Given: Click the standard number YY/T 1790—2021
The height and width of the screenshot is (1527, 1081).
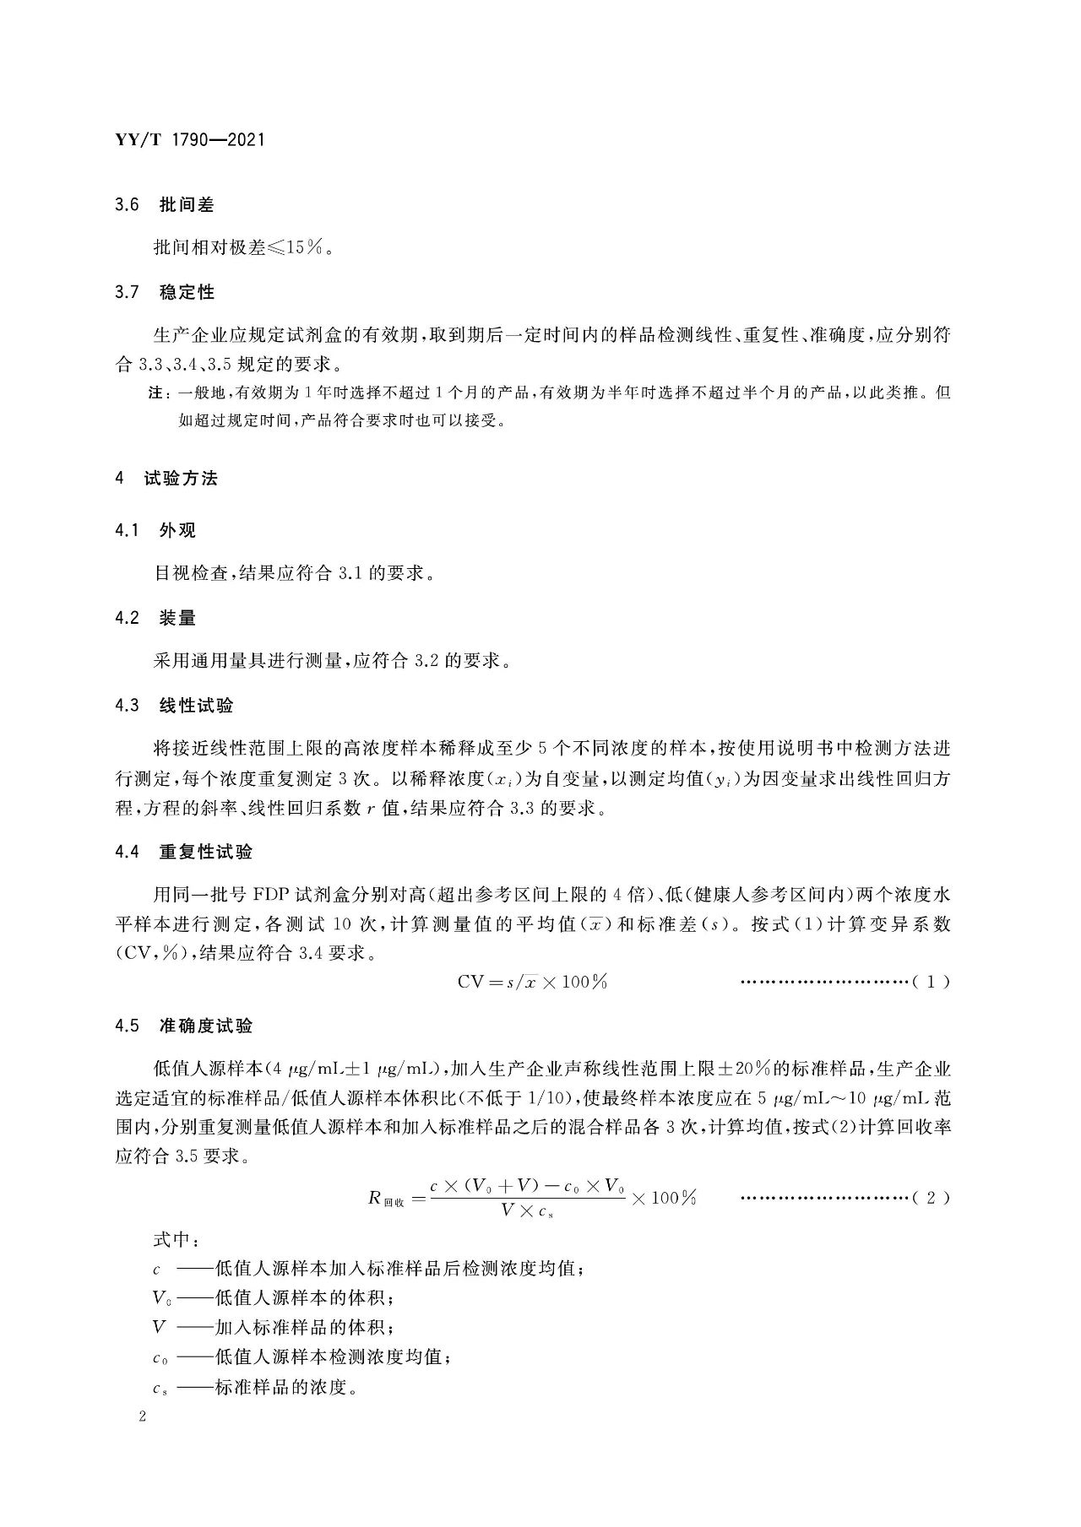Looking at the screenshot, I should [189, 139].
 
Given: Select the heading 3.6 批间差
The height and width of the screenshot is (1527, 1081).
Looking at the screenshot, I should [165, 205].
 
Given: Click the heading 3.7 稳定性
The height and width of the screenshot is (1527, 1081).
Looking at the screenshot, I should [165, 293].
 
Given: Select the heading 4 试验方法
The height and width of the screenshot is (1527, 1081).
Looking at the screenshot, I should [166, 479].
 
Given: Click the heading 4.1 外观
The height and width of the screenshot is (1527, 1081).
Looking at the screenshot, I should [155, 531].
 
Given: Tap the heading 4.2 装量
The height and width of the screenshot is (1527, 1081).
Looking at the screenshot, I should [155, 618].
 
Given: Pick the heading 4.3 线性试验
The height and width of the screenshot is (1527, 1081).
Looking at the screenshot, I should [174, 706].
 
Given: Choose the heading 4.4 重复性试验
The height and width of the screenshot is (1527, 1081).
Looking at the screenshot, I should [183, 853].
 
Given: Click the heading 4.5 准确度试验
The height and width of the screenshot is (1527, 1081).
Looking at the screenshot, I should [183, 1026].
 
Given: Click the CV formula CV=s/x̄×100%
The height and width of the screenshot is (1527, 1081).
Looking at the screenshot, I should [532, 982].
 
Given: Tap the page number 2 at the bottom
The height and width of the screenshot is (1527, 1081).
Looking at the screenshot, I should [143, 1417].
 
